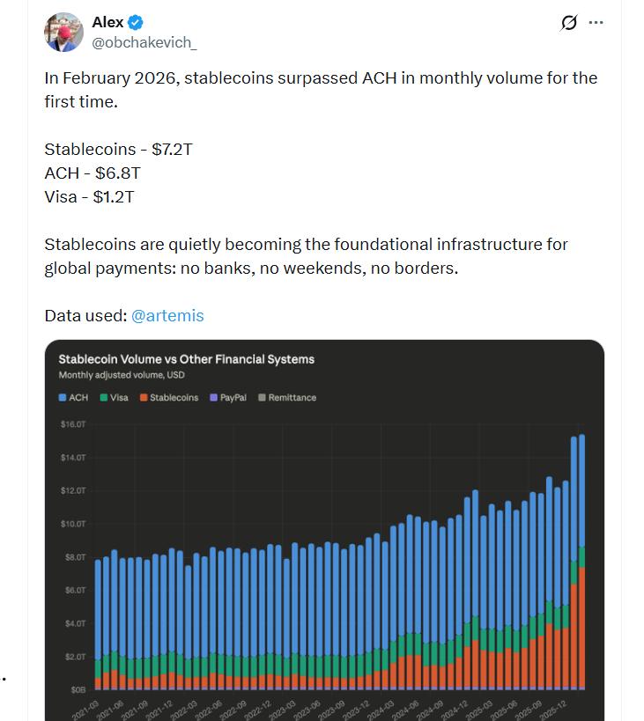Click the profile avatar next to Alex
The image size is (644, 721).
pos(63,33)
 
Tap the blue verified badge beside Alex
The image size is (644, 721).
pos(137,23)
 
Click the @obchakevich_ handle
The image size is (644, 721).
pos(144,42)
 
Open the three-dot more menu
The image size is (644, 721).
pos(596,23)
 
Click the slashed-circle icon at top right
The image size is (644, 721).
pos(568,24)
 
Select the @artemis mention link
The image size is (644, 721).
pos(167,315)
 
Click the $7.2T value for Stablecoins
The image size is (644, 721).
pos(171,149)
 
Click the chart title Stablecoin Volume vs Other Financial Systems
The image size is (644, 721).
pos(186,359)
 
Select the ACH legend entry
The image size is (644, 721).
pos(73,398)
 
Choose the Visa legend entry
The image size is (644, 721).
pos(114,398)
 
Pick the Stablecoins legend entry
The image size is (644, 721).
pos(168,398)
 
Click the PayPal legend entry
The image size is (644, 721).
pos(228,398)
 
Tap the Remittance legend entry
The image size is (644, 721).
pos(287,398)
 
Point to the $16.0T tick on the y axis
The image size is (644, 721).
pos(72,424)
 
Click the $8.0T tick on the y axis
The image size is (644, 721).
pos(73,557)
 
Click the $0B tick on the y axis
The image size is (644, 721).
pos(78,690)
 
